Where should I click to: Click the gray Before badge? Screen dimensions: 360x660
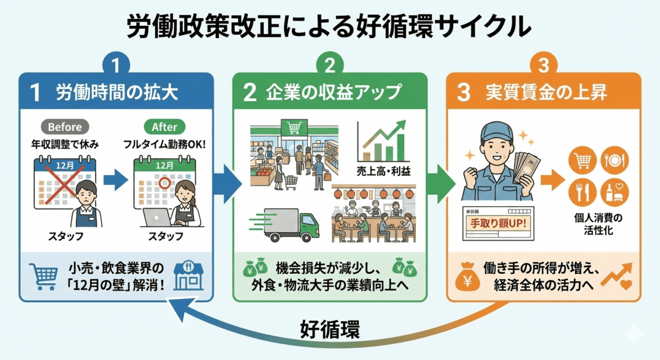tap(64, 127)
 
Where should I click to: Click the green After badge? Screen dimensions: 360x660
tap(164, 127)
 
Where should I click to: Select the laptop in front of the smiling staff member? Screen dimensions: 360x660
tap(157, 219)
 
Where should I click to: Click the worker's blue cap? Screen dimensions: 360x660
tap(497, 132)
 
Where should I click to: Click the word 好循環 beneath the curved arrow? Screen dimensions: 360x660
tap(330, 330)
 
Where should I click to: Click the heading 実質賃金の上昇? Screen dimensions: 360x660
tap(546, 93)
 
